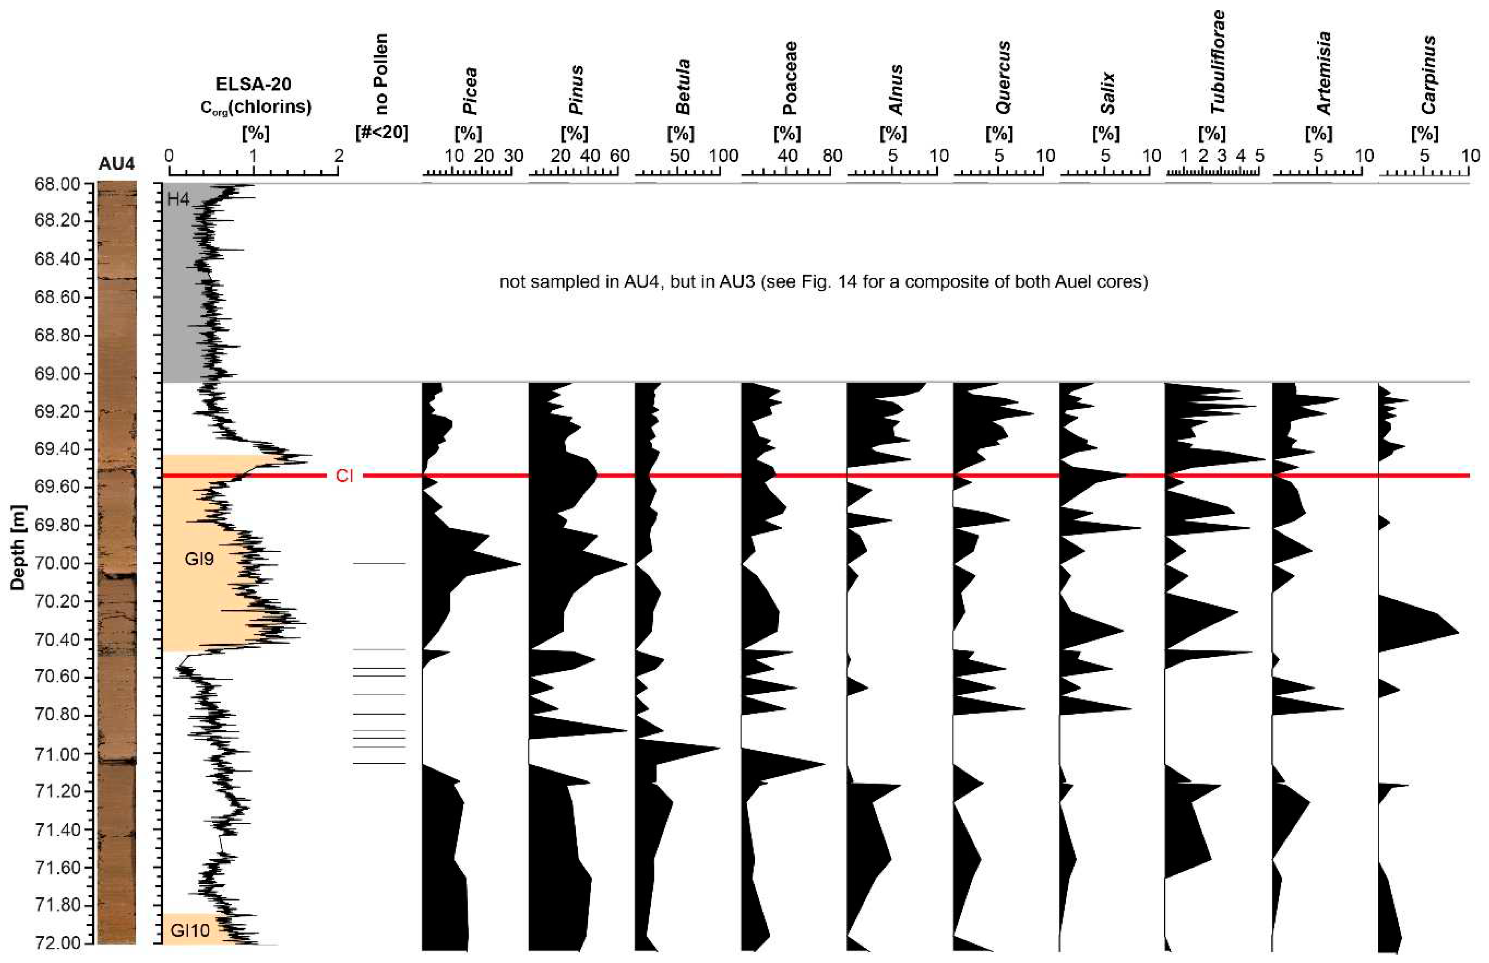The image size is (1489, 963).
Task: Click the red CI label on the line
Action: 344,476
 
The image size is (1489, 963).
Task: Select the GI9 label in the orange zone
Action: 199,559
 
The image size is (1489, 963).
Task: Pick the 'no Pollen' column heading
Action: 381,74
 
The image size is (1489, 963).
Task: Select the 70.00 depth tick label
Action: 58,563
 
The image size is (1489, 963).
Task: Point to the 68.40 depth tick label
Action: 58,259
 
